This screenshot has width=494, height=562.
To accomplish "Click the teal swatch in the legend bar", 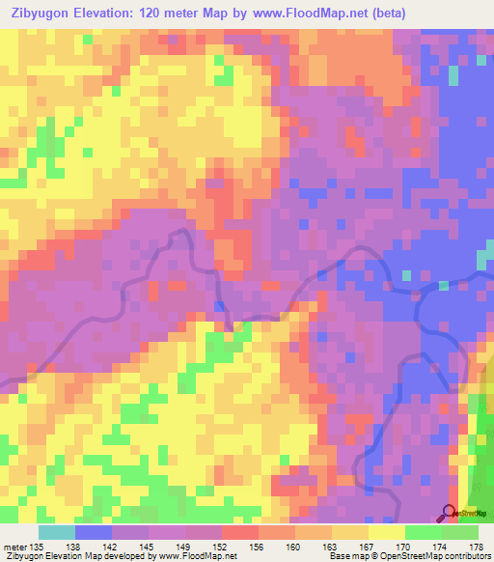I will coord(56,532).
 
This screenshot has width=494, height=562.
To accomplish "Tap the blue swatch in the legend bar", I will coord(94,532).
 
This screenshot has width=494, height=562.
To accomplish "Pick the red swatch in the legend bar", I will coord(240,532).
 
